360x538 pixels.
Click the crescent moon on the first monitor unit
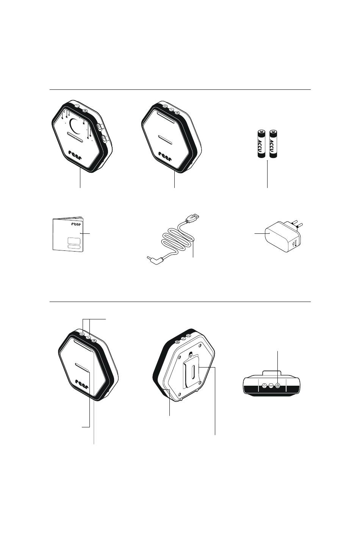pos(74,126)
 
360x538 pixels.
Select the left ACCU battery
pos(261,144)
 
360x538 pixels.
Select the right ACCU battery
pos(273,144)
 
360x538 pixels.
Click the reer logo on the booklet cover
pos(76,224)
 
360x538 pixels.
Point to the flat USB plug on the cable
pos(192,217)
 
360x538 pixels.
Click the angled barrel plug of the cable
pos(155,260)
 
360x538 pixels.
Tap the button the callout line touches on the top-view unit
pos(278,385)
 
